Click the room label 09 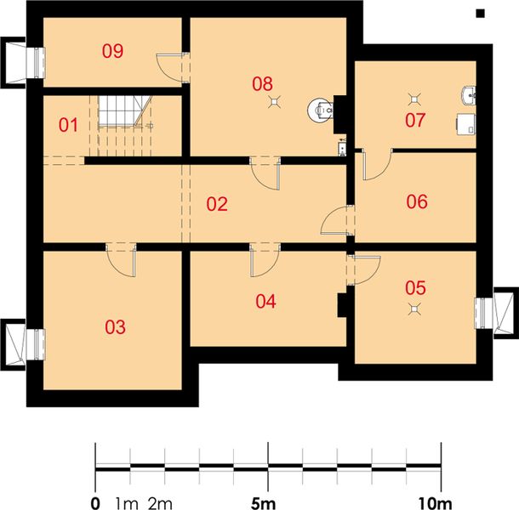pos(113,51)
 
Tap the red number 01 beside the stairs pos(69,125)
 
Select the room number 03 pos(115,327)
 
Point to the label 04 pos(265,301)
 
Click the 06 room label pos(417,201)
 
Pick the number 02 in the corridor pos(217,204)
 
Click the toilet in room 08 pos(320,109)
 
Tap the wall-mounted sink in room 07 pos(468,95)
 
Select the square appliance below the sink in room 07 pos(466,124)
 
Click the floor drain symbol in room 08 pos(275,102)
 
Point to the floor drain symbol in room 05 pos(414,309)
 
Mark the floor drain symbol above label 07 pos(414,99)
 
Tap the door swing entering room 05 pos(367,269)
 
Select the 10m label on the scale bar pos(436,503)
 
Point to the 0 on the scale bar pos(95,503)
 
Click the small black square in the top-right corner pos(480,14)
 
